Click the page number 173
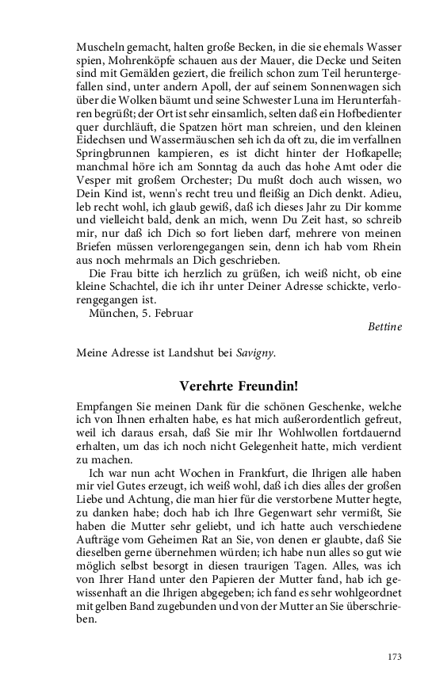click(394, 656)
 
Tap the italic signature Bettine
click(384, 326)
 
